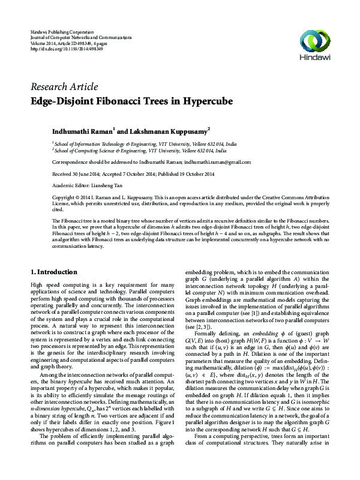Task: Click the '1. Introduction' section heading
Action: point(53,272)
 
